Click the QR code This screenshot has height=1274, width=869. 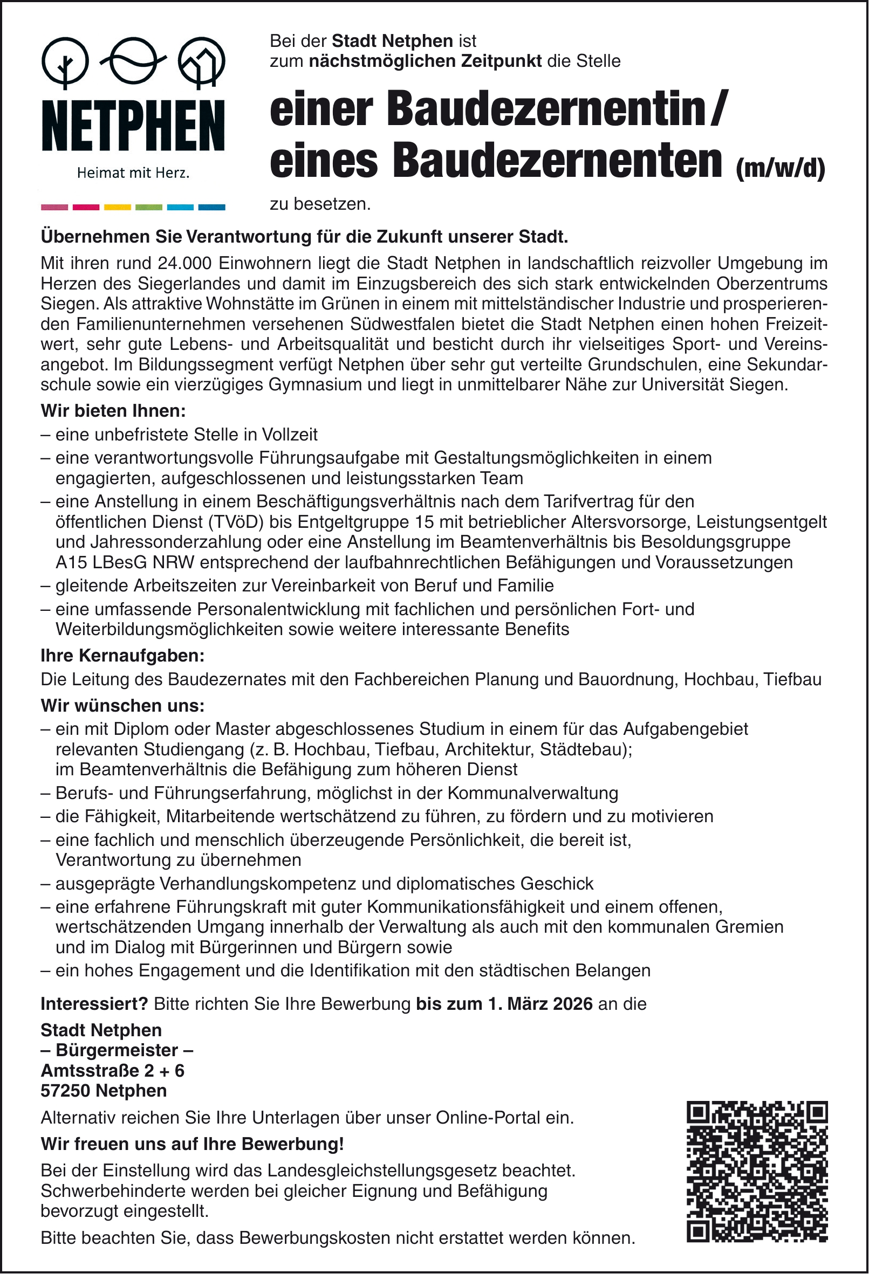tap(757, 1171)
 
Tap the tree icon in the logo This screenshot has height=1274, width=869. tap(65, 63)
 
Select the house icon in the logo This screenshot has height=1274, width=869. tap(201, 63)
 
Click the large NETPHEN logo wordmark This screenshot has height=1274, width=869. tap(133, 126)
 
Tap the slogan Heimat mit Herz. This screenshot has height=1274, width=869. tap(133, 174)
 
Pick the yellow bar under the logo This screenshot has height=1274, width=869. tap(118, 207)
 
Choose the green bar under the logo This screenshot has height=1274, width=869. tap(149, 207)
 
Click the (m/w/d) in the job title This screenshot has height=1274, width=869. tap(779, 169)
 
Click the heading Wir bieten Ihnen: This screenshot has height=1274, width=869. tap(114, 411)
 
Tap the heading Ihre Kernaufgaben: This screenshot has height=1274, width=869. tap(122, 656)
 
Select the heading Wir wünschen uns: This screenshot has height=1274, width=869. tap(122, 706)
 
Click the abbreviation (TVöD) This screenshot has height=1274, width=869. tap(235, 522)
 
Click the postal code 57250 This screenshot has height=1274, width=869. tap(65, 1090)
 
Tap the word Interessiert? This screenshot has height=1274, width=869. tap(94, 1004)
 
